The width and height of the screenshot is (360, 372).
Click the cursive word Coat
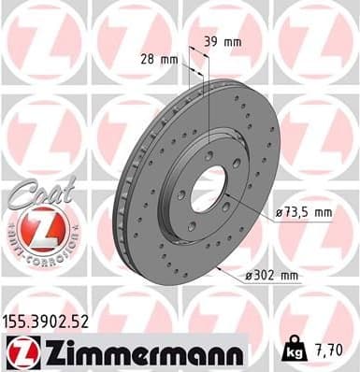point(36,191)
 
